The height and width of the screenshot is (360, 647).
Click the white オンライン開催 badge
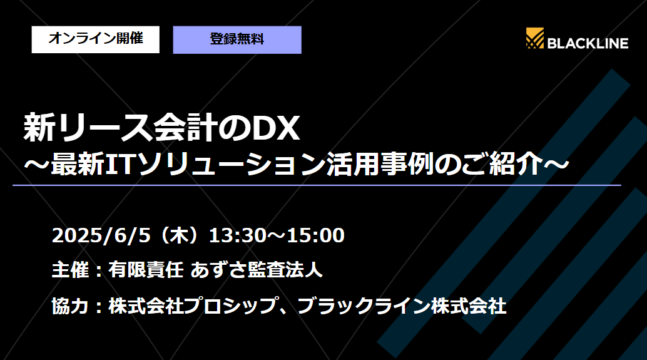coord(96,39)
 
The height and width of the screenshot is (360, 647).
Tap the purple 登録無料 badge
coord(237,39)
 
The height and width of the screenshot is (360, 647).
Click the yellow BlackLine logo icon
coord(535,39)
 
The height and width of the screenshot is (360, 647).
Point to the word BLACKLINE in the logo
coord(588,43)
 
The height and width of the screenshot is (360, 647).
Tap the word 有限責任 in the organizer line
coord(145,271)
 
